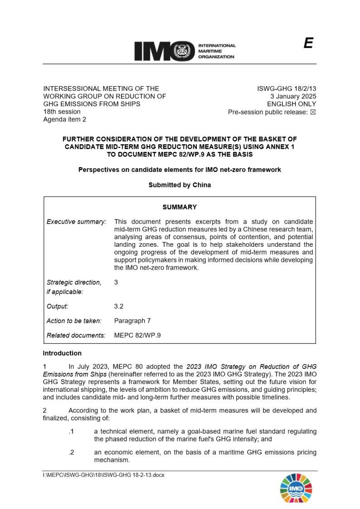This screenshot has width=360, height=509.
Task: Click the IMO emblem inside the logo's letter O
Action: pyautogui.click(x=183, y=51)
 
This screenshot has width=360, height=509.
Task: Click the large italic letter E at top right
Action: pyautogui.click(x=308, y=44)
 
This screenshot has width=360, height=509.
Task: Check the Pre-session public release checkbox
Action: pyautogui.click(x=312, y=112)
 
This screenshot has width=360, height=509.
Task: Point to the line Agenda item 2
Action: pyautogui.click(x=64, y=119)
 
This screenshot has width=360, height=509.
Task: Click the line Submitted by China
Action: pyautogui.click(x=180, y=185)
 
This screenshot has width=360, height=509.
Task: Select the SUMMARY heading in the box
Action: pyautogui.click(x=180, y=207)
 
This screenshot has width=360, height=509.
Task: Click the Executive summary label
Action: pyautogui.click(x=76, y=222)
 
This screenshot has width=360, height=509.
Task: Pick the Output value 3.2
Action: pyautogui.click(x=119, y=306)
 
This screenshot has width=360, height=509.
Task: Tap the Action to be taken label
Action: pyautogui.click(x=74, y=321)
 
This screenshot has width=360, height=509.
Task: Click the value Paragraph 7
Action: pyautogui.click(x=132, y=321)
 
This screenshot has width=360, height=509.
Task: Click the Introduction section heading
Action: pyautogui.click(x=62, y=353)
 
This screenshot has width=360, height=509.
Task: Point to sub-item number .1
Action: pyautogui.click(x=71, y=431)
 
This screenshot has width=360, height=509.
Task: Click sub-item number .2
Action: pyautogui.click(x=71, y=452)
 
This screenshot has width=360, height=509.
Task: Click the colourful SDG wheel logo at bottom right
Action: pyautogui.click(x=296, y=489)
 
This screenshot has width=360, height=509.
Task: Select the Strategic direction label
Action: pyautogui.click(x=73, y=282)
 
